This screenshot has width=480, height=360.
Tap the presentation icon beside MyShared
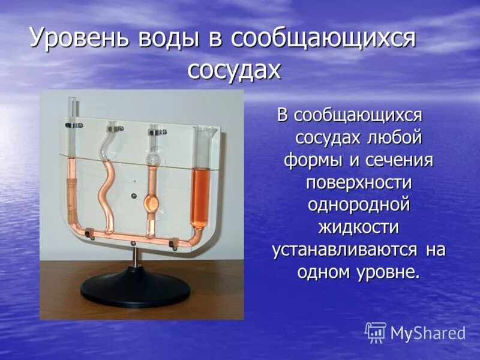(x=376, y=332)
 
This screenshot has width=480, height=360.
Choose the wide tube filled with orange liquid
(x=199, y=186)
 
